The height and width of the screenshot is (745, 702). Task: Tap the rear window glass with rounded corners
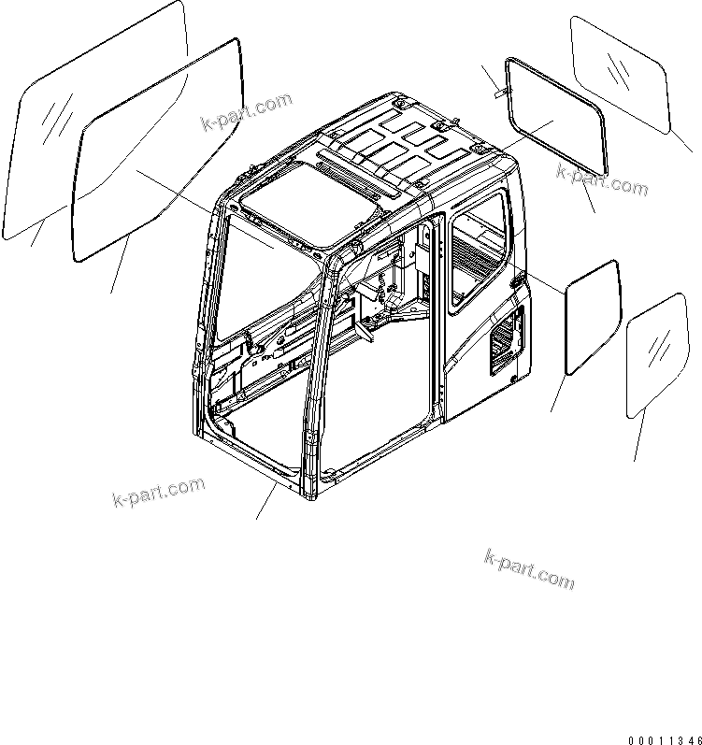pyautogui.click(x=621, y=71)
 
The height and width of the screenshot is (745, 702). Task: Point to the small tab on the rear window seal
pyautogui.click(x=499, y=92)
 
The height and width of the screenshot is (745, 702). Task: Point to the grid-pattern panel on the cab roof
pyautogui.click(x=402, y=145)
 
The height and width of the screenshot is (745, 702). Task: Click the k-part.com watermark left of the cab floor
pyautogui.click(x=157, y=492)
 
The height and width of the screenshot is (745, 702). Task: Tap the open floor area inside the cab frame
pyautogui.click(x=374, y=411)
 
